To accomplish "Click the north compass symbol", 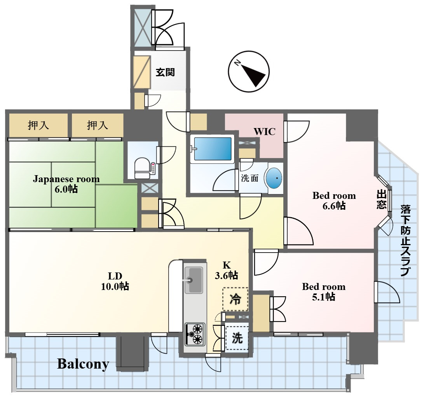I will click(x=249, y=73).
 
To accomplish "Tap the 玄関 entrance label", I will click(x=165, y=72).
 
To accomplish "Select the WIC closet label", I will click(x=264, y=132).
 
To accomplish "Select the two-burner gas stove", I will click(x=195, y=334).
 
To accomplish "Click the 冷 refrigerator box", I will click(x=236, y=299).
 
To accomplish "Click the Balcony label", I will click(x=83, y=364).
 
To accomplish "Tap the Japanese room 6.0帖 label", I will click(x=66, y=184).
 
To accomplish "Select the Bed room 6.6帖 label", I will click(x=334, y=200).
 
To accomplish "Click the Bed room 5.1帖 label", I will click(x=324, y=292).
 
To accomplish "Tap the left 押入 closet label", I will click(x=38, y=125).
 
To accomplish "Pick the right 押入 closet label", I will click(x=97, y=125).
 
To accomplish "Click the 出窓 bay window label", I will click(x=381, y=199).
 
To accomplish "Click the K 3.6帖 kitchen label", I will click(x=226, y=270).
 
